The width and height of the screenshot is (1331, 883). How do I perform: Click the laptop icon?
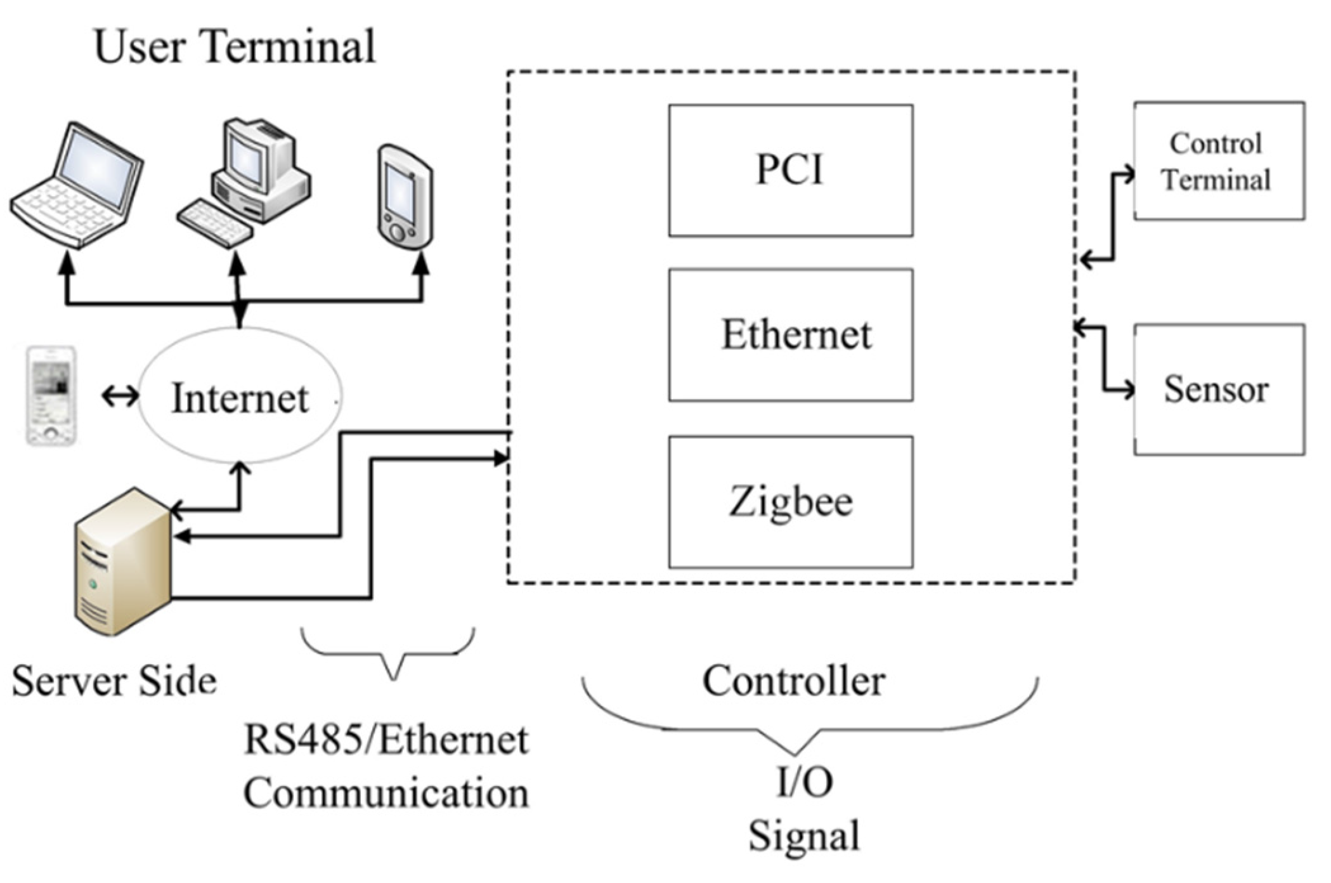tap(77, 185)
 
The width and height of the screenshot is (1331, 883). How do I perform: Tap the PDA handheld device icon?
tap(405, 198)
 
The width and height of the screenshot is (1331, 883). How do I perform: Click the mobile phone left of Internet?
tap(51, 396)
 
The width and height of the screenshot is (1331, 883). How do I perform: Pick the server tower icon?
tap(123, 561)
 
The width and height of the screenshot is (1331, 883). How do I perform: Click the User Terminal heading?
tap(235, 46)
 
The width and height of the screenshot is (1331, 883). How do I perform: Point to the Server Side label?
tap(114, 681)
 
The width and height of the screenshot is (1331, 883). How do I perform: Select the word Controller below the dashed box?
tap(793, 681)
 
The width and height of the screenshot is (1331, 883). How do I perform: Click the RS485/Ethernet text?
tap(386, 740)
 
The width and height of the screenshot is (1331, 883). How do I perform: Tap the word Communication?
tap(386, 793)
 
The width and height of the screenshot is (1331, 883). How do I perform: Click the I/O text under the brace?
tap(805, 782)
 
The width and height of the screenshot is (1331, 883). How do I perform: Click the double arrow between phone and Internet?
tap(120, 396)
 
